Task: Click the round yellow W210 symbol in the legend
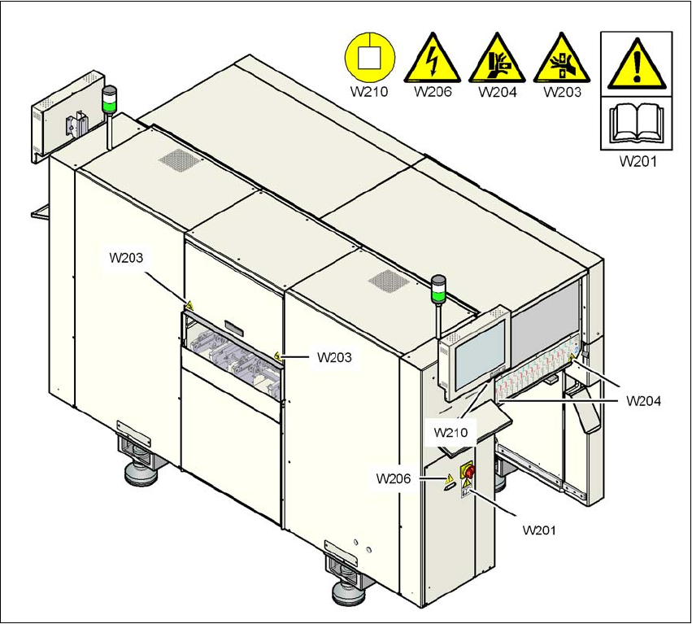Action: point(368,58)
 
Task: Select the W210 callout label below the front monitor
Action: point(453,431)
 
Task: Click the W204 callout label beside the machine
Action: point(642,400)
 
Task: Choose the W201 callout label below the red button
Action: point(541,530)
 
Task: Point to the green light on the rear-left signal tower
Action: point(108,104)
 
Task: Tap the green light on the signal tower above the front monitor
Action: point(438,287)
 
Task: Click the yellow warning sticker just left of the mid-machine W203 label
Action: point(279,356)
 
